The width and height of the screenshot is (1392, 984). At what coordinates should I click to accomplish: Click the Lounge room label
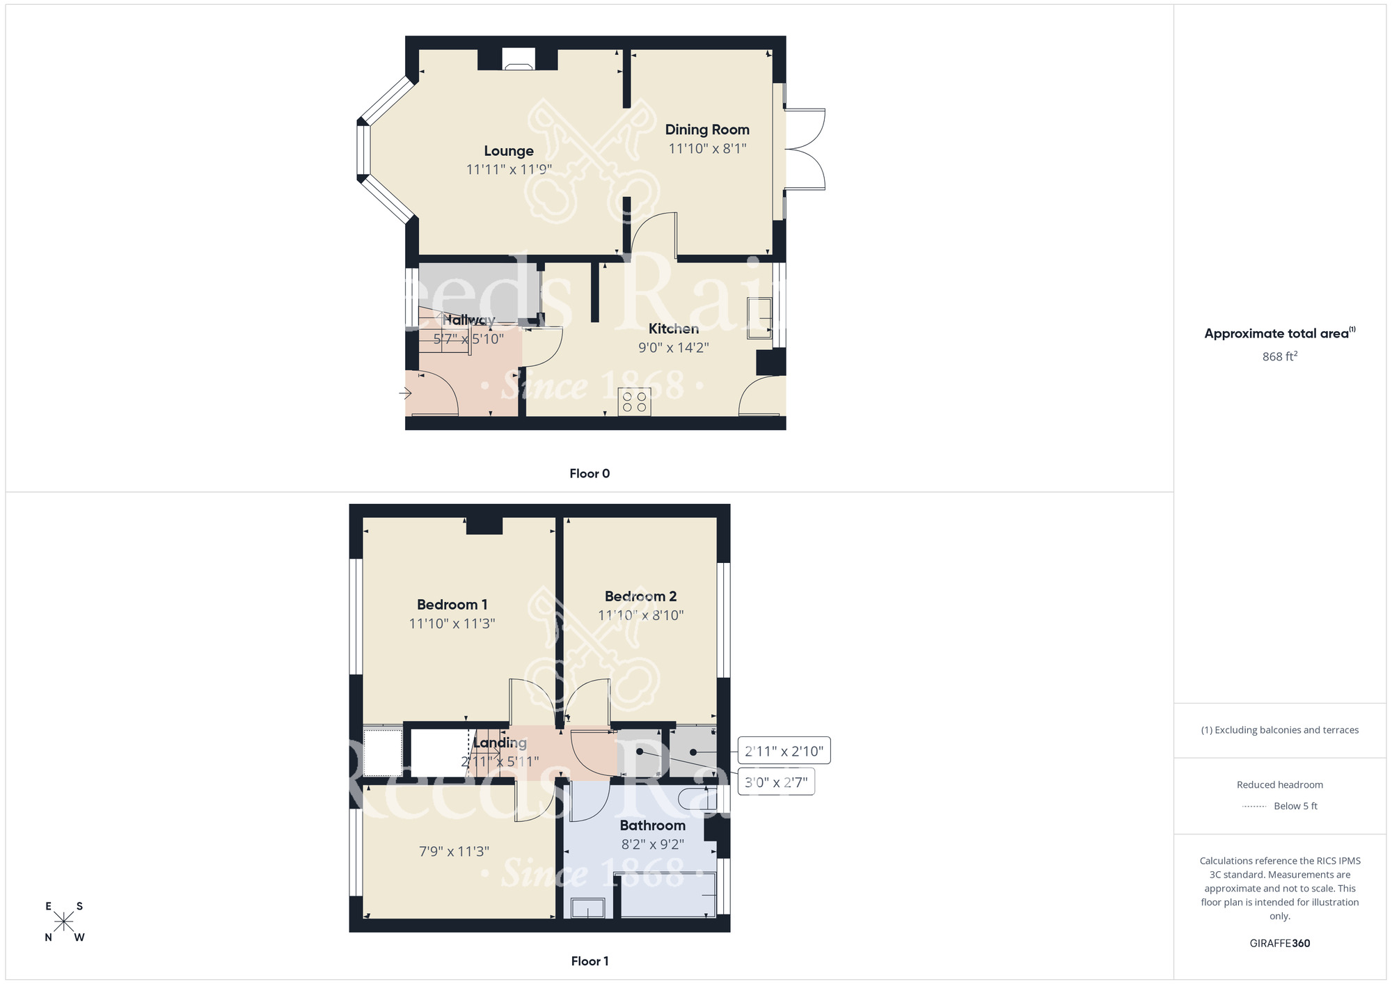point(509,151)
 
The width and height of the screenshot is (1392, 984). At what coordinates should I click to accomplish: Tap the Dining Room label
point(707,129)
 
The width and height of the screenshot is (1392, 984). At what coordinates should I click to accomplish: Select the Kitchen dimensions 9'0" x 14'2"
point(673,347)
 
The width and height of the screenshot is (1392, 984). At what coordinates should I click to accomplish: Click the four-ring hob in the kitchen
point(634,402)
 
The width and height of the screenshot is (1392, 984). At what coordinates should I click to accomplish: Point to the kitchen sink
point(759,318)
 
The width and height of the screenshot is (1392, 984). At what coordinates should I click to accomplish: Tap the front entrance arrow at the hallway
point(405,394)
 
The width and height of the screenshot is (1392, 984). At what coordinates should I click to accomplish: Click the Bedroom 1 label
point(452,605)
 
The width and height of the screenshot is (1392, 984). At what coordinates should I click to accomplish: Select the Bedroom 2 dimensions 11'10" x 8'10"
point(640,615)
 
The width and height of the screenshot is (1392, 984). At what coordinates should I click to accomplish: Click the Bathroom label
point(652,825)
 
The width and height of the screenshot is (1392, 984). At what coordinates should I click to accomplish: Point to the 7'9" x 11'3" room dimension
point(454,851)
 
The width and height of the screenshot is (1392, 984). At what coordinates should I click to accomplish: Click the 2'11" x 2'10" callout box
point(784,751)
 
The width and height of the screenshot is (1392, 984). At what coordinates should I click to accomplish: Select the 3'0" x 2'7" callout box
point(776,782)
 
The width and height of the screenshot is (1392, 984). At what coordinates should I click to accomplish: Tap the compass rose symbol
point(64,922)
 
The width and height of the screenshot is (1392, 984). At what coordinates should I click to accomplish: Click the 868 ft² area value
point(1279,356)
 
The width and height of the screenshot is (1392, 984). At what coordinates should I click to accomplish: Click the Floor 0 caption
point(590,474)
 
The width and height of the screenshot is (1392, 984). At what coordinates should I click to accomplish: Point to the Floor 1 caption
point(590,961)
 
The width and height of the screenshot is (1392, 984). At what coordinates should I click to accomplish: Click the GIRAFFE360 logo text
point(1279,944)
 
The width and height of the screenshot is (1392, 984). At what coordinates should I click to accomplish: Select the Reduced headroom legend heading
point(1279,785)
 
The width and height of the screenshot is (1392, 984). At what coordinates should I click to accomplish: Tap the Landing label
point(500,743)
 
